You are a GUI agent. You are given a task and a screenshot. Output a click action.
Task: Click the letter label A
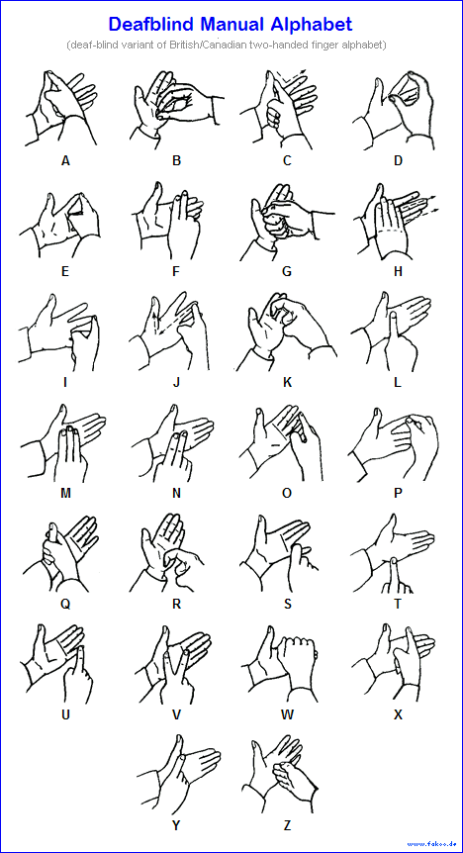click(x=65, y=160)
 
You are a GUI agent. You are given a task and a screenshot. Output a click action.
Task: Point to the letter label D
click(x=398, y=160)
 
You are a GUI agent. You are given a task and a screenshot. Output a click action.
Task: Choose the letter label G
click(x=287, y=271)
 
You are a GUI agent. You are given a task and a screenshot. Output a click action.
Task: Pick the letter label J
click(x=176, y=382)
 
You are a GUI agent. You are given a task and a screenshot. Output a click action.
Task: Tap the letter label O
click(x=287, y=494)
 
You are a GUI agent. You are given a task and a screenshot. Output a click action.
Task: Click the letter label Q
click(x=65, y=605)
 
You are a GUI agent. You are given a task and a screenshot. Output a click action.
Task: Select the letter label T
click(x=398, y=605)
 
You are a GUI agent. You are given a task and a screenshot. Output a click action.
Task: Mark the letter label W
click(x=287, y=714)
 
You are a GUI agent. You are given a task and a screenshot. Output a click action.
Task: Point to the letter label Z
click(x=287, y=826)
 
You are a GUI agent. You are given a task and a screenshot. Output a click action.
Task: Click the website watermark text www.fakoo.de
click(x=431, y=844)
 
